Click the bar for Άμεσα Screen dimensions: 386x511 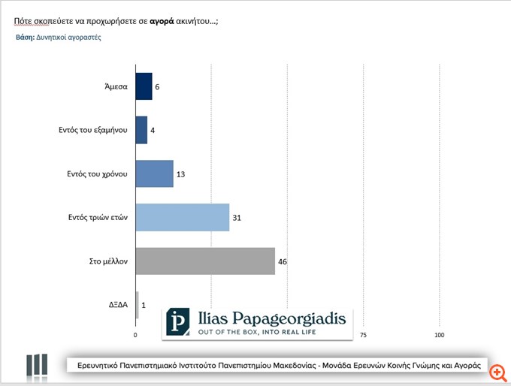click(x=144, y=86)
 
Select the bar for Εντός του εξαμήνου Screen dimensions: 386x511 click(x=141, y=130)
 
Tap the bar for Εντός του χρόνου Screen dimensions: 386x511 click(x=154, y=174)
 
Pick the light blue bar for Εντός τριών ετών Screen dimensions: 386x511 click(x=182, y=218)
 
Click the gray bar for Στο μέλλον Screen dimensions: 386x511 click(x=205, y=261)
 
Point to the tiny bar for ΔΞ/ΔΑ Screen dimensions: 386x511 click(x=137, y=305)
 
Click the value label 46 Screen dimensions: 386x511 click(x=283, y=262)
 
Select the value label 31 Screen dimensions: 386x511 click(x=237, y=219)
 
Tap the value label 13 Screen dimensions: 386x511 click(x=181, y=174)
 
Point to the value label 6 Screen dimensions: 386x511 click(x=157, y=87)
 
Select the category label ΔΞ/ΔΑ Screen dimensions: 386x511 click(x=118, y=306)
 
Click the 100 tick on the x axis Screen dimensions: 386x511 click(x=440, y=335)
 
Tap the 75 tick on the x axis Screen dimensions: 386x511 click(x=364, y=335)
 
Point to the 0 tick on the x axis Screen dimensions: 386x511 click(x=135, y=335)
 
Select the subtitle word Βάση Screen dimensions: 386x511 click(x=25, y=37)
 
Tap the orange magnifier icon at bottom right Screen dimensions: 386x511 click(x=497, y=371)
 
